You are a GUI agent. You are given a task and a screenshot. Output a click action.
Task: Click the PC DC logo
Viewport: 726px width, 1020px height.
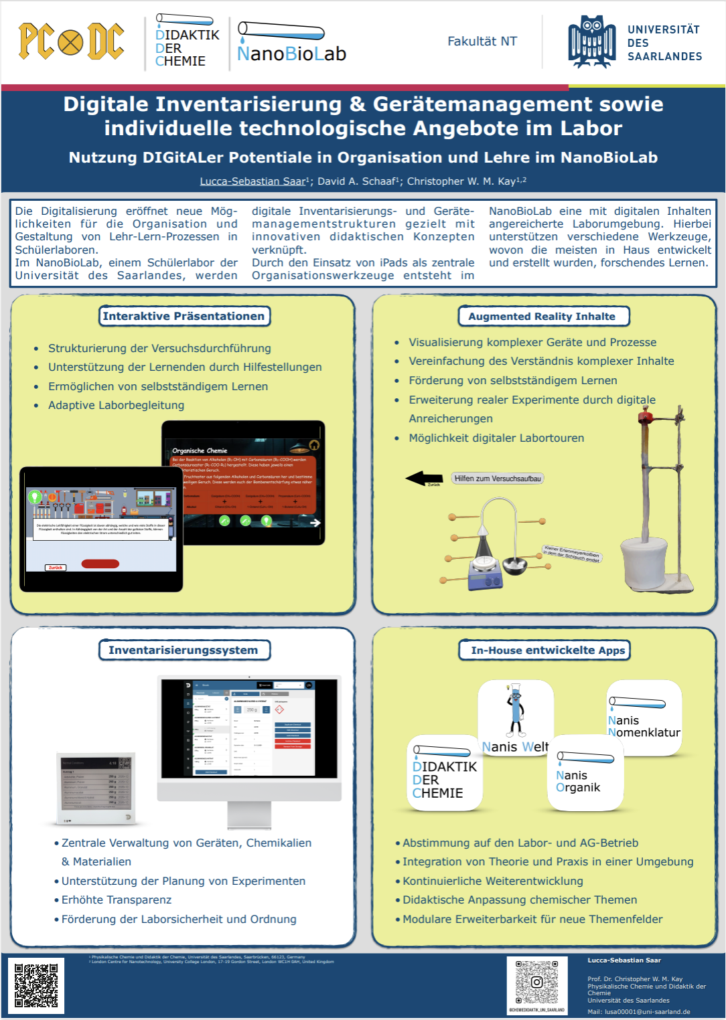click(x=71, y=41)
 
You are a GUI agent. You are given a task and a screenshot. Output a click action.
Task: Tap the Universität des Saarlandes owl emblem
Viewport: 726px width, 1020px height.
click(x=591, y=41)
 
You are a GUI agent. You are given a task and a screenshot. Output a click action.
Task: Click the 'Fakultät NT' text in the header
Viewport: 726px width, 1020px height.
click(x=482, y=41)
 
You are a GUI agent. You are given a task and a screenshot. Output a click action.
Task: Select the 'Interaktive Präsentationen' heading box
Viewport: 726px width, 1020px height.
click(x=184, y=316)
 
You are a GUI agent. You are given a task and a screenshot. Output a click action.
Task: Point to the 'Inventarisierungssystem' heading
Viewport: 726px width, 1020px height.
click(x=184, y=650)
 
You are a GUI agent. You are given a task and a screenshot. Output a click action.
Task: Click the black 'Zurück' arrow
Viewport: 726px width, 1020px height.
click(x=424, y=478)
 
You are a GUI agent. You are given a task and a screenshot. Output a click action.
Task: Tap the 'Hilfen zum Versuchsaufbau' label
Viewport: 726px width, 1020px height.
click(x=497, y=479)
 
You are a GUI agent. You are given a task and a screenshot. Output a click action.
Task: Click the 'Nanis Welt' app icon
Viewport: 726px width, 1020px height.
click(x=515, y=716)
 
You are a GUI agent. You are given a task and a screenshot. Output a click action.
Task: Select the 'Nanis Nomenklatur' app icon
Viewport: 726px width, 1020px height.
click(x=644, y=717)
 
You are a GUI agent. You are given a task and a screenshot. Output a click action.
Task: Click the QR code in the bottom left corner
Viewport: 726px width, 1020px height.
click(x=36, y=985)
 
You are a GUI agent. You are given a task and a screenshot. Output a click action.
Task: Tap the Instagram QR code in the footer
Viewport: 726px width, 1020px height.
click(x=536, y=982)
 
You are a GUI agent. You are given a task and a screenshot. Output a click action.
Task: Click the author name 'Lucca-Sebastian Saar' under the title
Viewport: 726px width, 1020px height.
click(x=252, y=181)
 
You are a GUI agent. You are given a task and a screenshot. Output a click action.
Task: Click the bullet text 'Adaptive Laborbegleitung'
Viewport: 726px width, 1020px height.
click(x=116, y=405)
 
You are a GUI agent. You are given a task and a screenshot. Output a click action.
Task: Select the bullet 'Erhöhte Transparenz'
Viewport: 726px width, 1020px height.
click(x=117, y=900)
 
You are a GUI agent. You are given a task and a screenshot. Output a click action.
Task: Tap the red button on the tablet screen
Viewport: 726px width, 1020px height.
click(x=100, y=564)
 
